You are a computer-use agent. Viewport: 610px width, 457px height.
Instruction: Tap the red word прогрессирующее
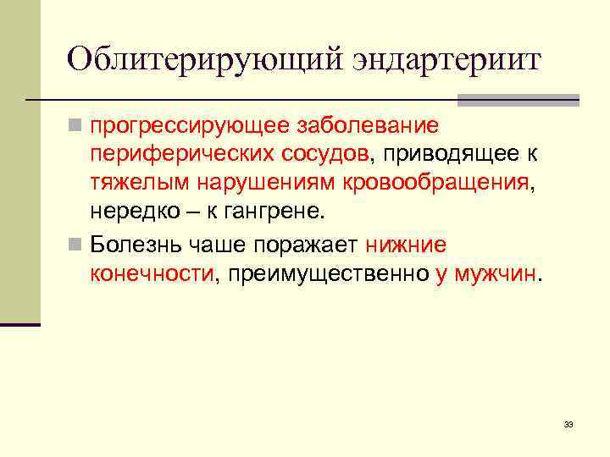tap(190, 127)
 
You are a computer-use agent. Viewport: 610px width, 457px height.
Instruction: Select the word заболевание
tap(367, 126)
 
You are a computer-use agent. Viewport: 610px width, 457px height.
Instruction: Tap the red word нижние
tap(407, 245)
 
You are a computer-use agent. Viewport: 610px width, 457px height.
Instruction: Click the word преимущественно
tap(324, 273)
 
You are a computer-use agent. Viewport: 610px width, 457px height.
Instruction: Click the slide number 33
tap(568, 423)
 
